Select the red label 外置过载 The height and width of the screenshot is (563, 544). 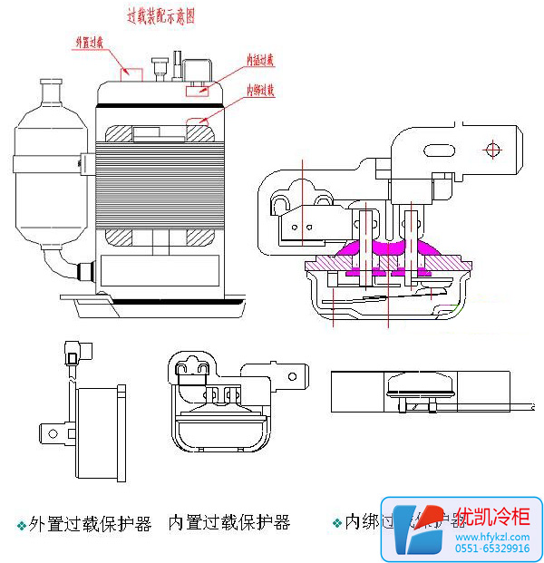(x=95, y=42)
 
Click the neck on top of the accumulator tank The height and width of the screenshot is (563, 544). (x=50, y=92)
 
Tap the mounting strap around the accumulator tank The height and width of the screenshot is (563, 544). (x=50, y=164)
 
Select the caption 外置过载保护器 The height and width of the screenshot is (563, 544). (x=90, y=524)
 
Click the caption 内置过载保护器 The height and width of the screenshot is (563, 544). (x=228, y=523)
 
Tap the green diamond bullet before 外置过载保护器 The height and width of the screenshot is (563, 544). (x=21, y=526)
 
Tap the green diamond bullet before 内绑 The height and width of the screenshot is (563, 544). (x=337, y=524)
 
